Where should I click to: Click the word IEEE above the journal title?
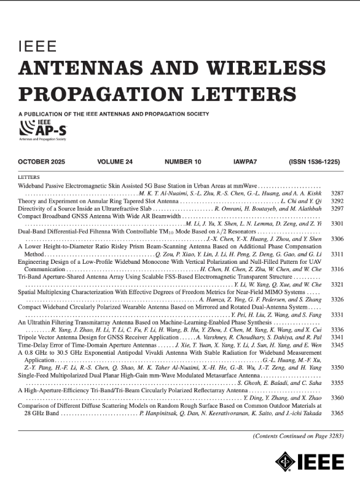38,47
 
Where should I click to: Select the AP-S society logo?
44,129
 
